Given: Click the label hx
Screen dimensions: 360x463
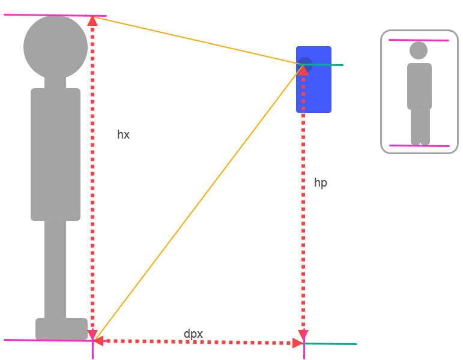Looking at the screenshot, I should (x=123, y=135).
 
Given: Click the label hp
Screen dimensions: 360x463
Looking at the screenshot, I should (x=321, y=183).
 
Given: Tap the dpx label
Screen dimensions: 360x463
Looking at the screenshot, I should (x=193, y=333).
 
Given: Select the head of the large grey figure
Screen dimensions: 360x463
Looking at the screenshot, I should (x=55, y=47).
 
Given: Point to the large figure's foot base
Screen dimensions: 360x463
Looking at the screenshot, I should (x=61, y=328).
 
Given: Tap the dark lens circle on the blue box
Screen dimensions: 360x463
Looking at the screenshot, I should (x=305, y=63).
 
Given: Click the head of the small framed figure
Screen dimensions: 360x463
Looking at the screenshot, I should (x=419, y=50).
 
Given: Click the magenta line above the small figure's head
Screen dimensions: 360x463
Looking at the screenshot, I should (x=419, y=40).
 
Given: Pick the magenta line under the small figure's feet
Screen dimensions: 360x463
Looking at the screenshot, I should (x=419, y=145).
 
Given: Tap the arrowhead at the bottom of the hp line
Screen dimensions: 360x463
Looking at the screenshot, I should (x=303, y=335).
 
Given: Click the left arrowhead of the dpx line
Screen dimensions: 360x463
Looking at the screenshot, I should (x=98, y=341).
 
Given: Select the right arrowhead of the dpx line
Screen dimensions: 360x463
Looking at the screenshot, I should (x=297, y=343).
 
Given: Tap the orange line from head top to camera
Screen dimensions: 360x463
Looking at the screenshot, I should (x=198, y=40).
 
